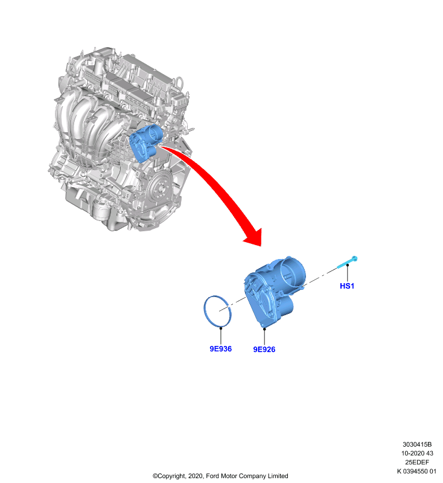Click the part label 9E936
[220, 349]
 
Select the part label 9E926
[264, 350]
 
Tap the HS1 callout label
[347, 286]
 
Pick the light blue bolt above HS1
[347, 263]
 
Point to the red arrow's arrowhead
[254, 238]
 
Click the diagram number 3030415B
[417, 444]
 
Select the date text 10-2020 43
[417, 453]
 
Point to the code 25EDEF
[417, 462]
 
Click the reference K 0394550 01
[416, 471]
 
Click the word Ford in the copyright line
[212, 476]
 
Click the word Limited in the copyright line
[278, 476]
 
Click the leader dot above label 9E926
[264, 328]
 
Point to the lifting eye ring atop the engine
[179, 82]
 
